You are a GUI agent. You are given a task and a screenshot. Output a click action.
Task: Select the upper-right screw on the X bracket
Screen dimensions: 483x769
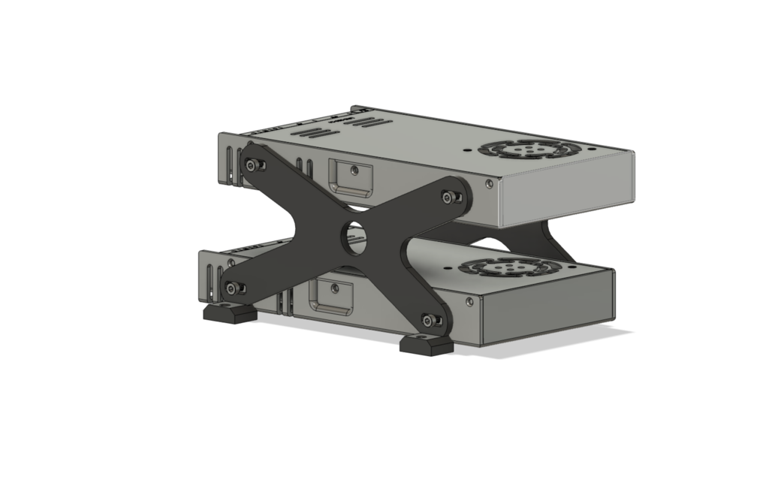[x=451, y=197]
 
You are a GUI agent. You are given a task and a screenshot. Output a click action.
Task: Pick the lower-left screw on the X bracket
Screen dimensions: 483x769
[x=234, y=287]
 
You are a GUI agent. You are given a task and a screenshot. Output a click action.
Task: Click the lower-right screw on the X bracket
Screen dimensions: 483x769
[x=430, y=321]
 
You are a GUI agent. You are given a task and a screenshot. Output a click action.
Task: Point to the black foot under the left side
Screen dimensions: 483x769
[x=229, y=312]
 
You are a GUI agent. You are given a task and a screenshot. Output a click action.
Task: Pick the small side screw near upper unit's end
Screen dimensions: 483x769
[x=490, y=183]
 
